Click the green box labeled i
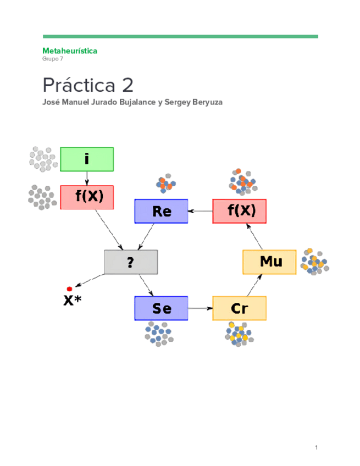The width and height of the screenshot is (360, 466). pyautogui.click(x=87, y=159)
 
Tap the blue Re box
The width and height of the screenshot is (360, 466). pyautogui.click(x=161, y=211)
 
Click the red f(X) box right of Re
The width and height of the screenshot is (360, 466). pyautogui.click(x=239, y=211)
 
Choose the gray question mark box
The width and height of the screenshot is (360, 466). pyautogui.click(x=131, y=262)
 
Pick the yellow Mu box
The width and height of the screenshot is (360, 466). pyautogui.click(x=269, y=262)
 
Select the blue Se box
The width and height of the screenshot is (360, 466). pyautogui.click(x=161, y=308)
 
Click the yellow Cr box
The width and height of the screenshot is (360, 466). pyautogui.click(x=239, y=308)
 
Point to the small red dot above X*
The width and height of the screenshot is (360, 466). pyautogui.click(x=70, y=289)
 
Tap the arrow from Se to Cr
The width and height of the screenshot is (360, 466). pyautogui.click(x=200, y=308)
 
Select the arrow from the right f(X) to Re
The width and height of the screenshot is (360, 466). pyautogui.click(x=200, y=211)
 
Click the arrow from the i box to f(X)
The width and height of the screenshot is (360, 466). pyautogui.click(x=87, y=178)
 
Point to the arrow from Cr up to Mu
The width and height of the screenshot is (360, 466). pyautogui.click(x=254, y=285)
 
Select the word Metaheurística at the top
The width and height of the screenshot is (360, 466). pyautogui.click(x=70, y=51)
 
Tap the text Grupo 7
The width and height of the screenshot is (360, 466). pyautogui.click(x=53, y=59)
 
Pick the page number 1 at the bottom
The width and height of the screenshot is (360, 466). pyautogui.click(x=317, y=448)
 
